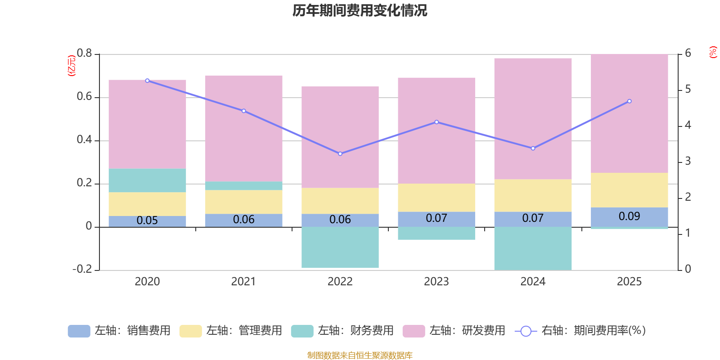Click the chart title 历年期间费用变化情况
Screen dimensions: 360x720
click(360, 10)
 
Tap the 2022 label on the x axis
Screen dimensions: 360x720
click(340, 282)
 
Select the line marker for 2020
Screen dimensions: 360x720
click(147, 81)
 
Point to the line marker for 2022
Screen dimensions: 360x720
click(340, 154)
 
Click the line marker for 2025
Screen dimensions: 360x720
click(629, 101)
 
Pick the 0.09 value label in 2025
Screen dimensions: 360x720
click(629, 216)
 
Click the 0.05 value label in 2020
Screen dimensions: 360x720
click(147, 220)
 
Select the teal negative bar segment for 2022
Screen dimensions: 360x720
click(340, 247)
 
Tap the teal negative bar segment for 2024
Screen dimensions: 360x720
click(533, 248)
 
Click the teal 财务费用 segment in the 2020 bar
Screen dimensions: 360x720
click(147, 180)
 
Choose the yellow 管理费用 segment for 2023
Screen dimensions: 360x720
click(436, 198)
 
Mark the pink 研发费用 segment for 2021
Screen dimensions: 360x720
click(244, 128)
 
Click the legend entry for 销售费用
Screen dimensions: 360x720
click(119, 331)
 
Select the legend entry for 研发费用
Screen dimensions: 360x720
click(454, 331)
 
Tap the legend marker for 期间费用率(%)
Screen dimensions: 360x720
click(526, 331)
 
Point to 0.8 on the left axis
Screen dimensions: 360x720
click(84, 54)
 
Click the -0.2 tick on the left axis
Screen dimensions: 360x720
click(82, 269)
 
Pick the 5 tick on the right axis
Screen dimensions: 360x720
click(688, 90)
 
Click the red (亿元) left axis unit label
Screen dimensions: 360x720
click(71, 66)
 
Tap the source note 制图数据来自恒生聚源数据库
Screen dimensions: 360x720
click(360, 355)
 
